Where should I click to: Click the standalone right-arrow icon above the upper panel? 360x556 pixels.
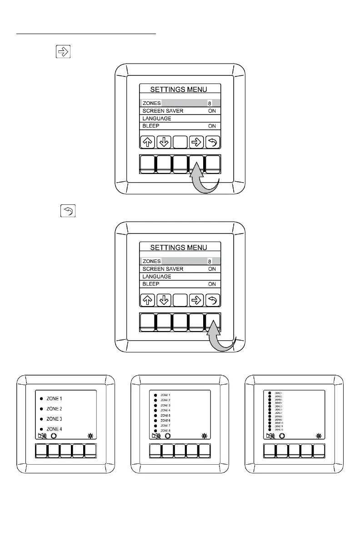click(64, 51)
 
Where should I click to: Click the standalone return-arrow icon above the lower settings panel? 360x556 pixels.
click(68, 211)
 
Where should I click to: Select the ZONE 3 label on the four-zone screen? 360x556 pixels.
click(55, 419)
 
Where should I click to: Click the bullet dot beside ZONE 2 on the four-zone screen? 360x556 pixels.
click(41, 409)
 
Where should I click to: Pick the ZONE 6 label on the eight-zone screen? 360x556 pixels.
click(165, 421)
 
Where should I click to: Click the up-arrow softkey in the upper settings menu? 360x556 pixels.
click(147, 142)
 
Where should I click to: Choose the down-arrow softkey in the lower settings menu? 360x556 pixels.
click(164, 300)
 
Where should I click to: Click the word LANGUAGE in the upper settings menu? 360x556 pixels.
click(157, 119)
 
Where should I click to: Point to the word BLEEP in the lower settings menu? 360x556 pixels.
click(151, 284)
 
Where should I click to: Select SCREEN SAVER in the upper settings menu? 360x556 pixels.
click(163, 111)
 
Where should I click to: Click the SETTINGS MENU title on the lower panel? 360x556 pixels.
click(179, 248)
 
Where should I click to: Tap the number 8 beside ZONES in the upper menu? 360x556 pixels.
click(210, 104)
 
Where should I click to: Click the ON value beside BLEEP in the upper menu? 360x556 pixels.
click(212, 126)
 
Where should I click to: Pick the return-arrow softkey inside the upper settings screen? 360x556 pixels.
click(212, 142)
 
